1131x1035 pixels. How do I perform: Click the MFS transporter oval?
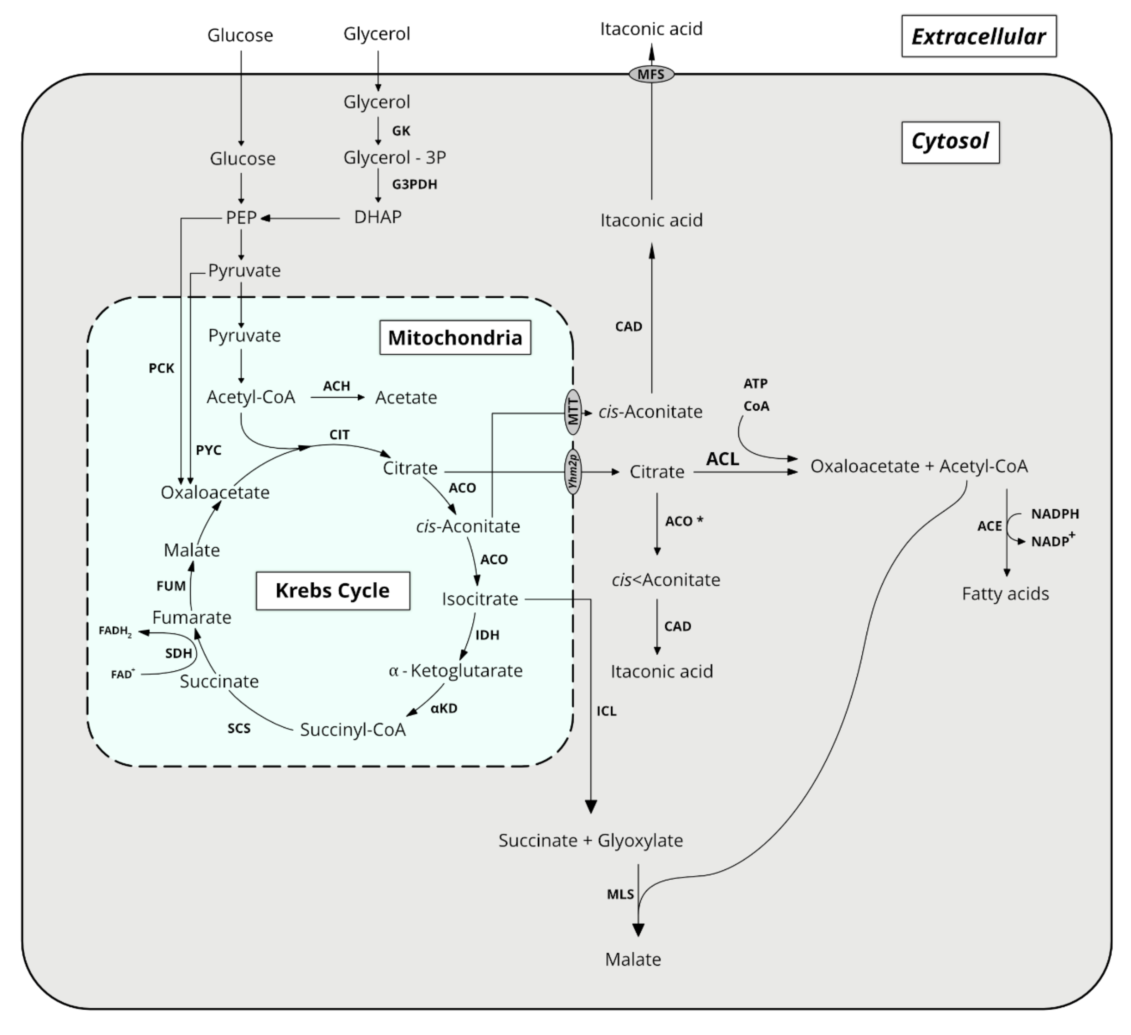pos(651,74)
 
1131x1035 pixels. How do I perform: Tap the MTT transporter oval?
pos(573,412)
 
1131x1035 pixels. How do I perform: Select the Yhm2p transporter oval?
pos(573,472)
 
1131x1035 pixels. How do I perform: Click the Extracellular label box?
pos(978,37)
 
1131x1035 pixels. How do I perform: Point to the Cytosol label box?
pos(950,142)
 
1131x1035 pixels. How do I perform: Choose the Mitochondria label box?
pos(455,338)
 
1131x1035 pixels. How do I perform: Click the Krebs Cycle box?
pos(333,591)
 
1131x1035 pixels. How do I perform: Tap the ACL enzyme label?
pos(722,459)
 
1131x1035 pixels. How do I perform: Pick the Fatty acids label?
pos(1005,593)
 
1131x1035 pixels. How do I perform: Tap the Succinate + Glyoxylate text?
pos(591,840)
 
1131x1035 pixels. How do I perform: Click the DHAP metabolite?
pos(378,217)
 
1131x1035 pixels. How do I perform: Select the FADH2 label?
pos(115,631)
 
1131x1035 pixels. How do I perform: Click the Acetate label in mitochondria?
pos(406,398)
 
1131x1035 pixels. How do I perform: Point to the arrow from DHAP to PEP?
pos(300,218)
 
